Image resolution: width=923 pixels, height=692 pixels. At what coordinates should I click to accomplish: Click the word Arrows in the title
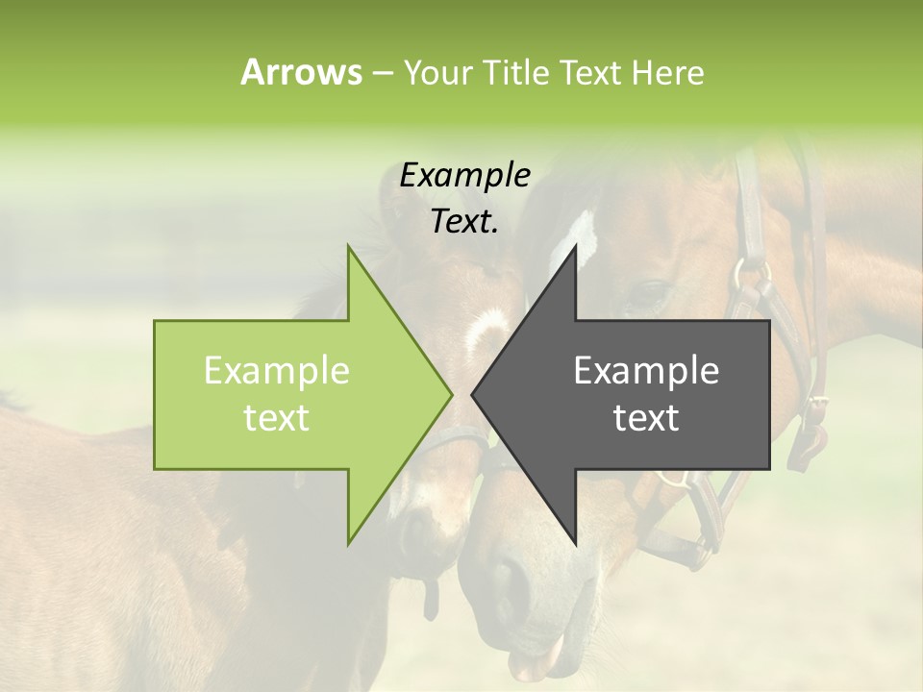[x=301, y=72]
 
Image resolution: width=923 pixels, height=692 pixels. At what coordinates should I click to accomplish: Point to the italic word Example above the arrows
[x=465, y=175]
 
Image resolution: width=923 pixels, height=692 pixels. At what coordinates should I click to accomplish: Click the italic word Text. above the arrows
[x=465, y=221]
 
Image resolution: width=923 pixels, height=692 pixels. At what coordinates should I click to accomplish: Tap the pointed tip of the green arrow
[x=449, y=394]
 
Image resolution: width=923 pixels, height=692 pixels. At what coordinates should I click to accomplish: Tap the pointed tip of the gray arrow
[x=474, y=394]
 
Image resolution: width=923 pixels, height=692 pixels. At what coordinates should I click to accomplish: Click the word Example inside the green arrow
[x=277, y=371]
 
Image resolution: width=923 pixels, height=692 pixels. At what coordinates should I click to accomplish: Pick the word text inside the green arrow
[x=277, y=418]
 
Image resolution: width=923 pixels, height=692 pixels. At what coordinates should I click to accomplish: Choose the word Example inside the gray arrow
[x=646, y=371]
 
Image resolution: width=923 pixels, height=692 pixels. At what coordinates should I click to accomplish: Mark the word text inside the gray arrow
[x=646, y=418]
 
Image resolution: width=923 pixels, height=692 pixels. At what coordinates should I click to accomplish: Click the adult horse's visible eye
[x=651, y=292]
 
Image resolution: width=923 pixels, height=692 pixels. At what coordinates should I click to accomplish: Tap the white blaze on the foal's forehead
[x=486, y=332]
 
